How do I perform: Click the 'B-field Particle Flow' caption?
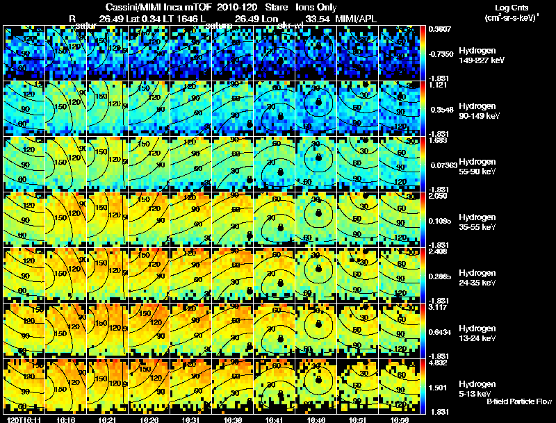tap(518, 402)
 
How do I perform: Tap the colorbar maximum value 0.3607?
tap(439, 29)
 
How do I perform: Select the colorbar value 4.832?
tap(439, 363)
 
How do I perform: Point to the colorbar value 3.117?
tap(439, 307)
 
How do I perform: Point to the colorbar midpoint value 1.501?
tap(439, 388)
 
